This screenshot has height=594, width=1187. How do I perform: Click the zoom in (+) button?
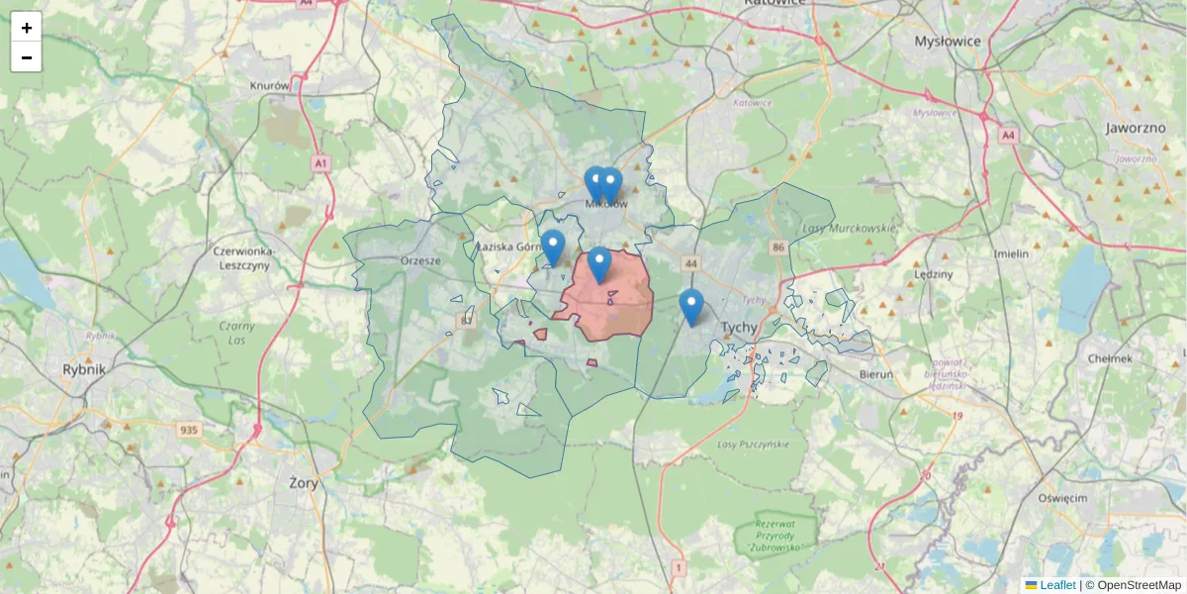pos(27,28)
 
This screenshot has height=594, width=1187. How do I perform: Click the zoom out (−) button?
pos(27,57)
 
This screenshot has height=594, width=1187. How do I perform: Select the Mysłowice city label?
pos(947,42)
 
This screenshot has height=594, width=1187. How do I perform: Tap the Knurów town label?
pos(270,86)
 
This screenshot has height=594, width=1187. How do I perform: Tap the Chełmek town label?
pos(1109,358)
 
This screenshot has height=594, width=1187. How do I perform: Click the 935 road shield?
pos(190,430)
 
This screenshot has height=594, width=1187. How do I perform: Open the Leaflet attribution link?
pos(1056,585)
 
